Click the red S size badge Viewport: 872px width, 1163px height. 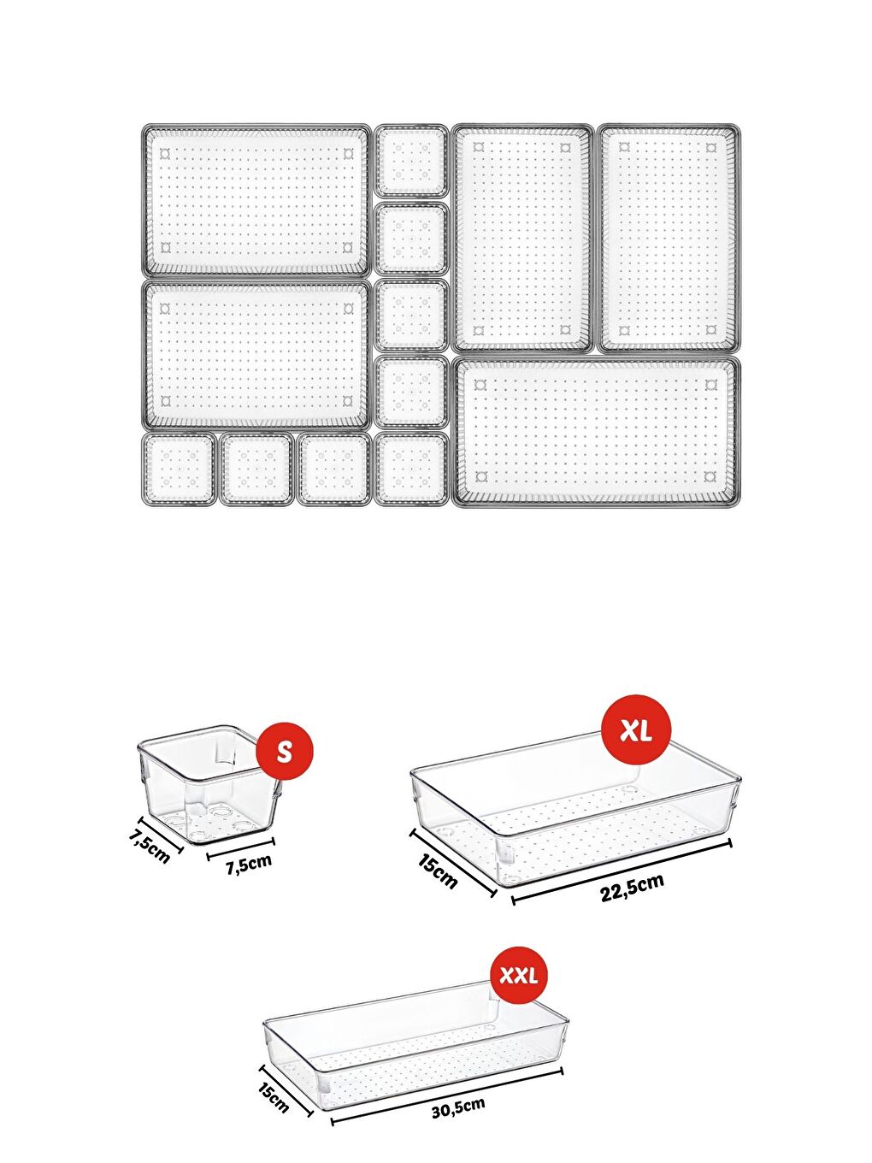(285, 751)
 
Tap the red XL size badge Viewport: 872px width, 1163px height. (636, 730)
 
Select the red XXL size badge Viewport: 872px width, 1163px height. (518, 975)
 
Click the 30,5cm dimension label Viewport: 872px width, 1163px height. (457, 1108)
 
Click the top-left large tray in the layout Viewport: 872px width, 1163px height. (256, 200)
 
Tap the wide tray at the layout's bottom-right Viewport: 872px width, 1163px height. (596, 432)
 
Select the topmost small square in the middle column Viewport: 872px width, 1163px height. (411, 160)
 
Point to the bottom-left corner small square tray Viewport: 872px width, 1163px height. (179, 469)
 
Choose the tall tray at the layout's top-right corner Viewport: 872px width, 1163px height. (669, 238)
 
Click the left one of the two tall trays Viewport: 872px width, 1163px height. (522, 238)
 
